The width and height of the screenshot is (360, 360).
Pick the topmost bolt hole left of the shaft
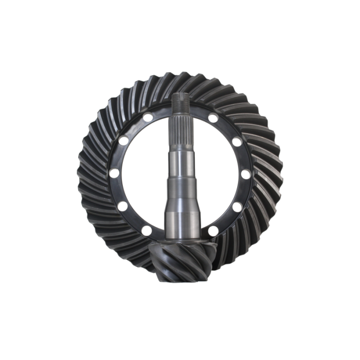pos(149,119)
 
